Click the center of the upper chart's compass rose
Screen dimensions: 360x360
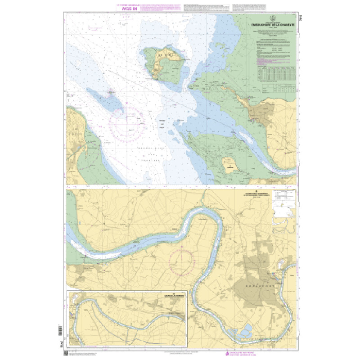pyautogui.click(x=128, y=121)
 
